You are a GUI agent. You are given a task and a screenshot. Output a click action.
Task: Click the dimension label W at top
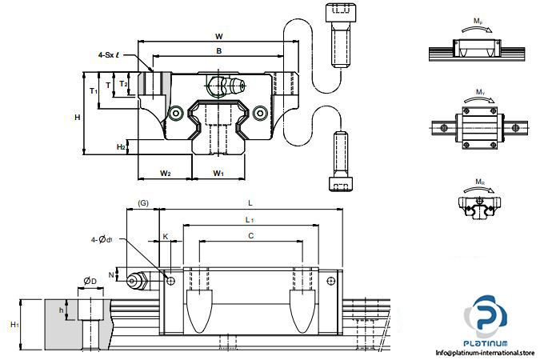[x=219, y=36]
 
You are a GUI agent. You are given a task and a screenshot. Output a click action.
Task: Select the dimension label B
[x=219, y=50]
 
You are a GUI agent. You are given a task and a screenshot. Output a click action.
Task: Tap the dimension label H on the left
[x=78, y=118]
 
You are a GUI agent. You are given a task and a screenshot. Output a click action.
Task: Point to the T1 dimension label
[x=94, y=90]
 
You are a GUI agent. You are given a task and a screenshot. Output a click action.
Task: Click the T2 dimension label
[x=122, y=83]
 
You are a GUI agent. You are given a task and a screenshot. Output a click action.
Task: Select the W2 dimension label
[x=165, y=173]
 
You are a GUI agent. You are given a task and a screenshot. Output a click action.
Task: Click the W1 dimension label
[x=218, y=173]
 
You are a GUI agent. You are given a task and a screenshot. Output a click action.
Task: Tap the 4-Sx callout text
[x=106, y=55]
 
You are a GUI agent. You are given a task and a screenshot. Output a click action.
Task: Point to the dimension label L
[x=250, y=204]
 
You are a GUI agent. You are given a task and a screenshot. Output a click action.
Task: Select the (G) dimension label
[x=144, y=204]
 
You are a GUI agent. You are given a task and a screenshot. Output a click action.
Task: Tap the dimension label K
[x=166, y=237]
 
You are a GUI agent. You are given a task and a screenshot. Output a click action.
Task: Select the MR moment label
[x=479, y=182]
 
